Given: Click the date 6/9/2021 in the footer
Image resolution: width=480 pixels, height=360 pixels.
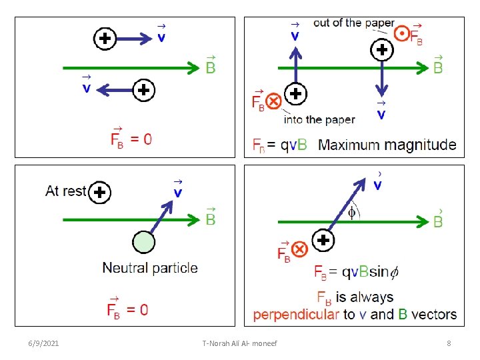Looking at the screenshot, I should click(44, 343).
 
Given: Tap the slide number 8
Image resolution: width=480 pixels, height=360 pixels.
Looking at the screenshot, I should click(449, 343).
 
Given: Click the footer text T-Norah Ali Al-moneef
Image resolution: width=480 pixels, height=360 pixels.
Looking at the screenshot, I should click(239, 343).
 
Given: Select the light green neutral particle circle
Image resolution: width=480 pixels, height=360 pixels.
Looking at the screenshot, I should click(143, 242).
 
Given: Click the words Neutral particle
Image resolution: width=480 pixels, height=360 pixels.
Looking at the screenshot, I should click(150, 268).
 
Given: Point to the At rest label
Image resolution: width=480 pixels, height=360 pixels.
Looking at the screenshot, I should click(66, 191).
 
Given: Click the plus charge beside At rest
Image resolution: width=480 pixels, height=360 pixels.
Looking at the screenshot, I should click(100, 193).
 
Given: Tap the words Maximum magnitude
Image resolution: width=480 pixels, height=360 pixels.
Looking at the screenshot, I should click(387, 145).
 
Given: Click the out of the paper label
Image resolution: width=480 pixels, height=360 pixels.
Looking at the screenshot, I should click(353, 23).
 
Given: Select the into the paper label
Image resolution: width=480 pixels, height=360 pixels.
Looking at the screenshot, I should click(319, 120).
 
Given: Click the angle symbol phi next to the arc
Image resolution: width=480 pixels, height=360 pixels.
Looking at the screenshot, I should click(352, 213).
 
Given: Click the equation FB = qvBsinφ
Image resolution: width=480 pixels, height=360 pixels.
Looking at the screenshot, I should click(357, 272).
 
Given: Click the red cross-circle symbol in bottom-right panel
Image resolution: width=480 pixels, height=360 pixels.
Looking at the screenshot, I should click(299, 250).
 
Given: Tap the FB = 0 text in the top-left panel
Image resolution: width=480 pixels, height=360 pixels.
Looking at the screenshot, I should click(131, 139).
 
